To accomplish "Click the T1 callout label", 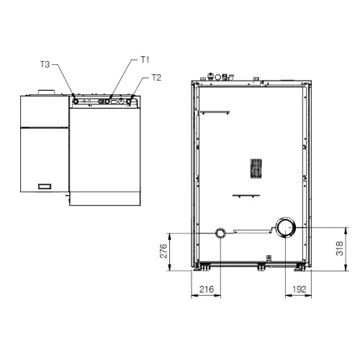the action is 145,60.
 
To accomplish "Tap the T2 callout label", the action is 156,78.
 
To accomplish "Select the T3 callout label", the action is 45,64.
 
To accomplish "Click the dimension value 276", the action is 163,251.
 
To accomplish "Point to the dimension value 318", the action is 340,248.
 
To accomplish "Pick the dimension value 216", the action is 207,289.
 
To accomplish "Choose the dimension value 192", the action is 300,289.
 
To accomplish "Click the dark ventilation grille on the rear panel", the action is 256,168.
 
